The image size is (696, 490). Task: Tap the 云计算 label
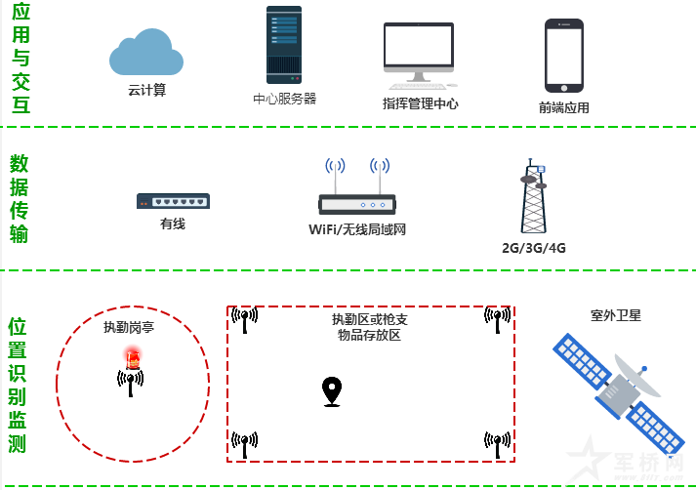pos(146,90)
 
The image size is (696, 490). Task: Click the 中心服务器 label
pos(284,99)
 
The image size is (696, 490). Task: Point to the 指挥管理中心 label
pos(421,103)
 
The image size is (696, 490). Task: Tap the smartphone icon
pos(563,56)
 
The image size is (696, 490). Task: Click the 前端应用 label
pos(563,107)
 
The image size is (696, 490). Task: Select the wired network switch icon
pos(173,201)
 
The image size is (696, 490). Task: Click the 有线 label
pos(173,225)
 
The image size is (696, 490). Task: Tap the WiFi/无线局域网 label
pos(356,230)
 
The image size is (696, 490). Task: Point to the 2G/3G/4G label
pos(534,248)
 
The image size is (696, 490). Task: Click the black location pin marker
pos(333,391)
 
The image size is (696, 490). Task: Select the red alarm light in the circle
pos(131,357)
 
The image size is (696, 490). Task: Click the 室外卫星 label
pos(616,316)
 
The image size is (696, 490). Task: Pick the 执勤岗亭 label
pos(130,328)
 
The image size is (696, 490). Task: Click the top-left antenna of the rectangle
pos(244,319)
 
